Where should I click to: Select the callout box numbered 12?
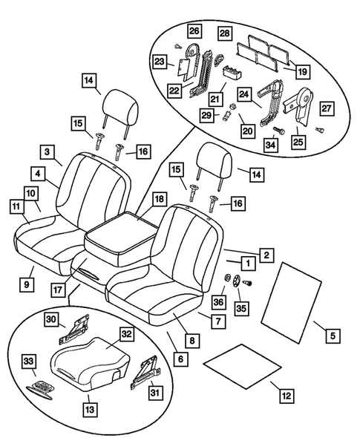click(x=286, y=395)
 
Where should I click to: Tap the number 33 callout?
click(x=29, y=362)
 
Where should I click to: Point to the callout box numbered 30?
click(x=50, y=319)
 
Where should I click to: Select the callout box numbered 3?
click(x=48, y=152)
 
